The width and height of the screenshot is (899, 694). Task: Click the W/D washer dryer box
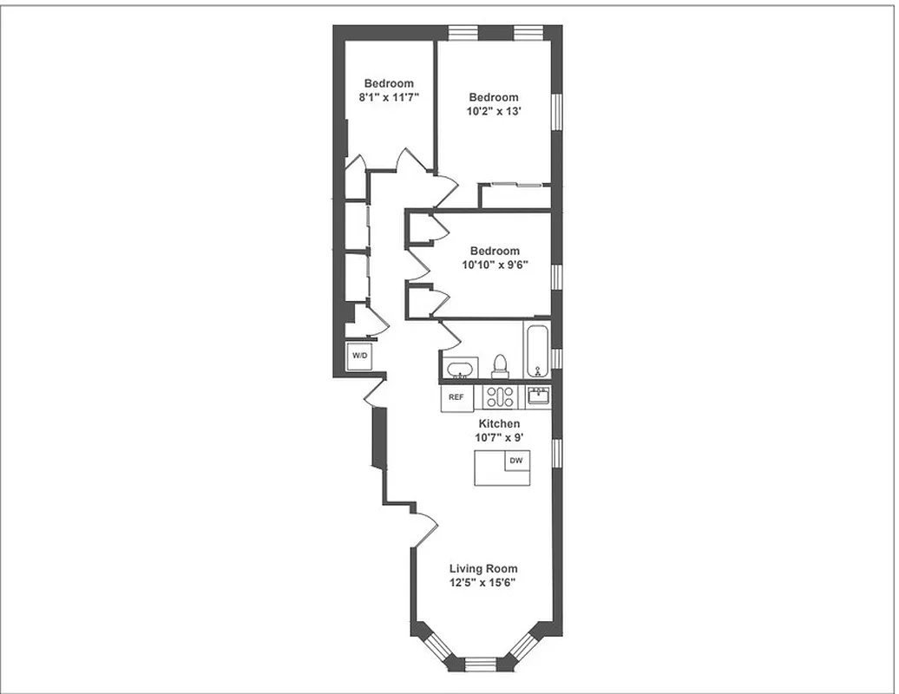(x=359, y=357)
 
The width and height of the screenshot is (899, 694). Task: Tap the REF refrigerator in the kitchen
(x=456, y=397)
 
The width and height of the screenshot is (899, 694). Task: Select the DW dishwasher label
(x=516, y=461)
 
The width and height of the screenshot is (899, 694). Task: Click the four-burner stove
(x=500, y=397)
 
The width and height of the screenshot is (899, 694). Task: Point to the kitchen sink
(x=538, y=396)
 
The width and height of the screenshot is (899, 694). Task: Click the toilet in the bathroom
(x=500, y=367)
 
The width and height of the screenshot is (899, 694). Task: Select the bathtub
(x=537, y=350)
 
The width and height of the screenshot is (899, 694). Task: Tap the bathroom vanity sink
(x=458, y=369)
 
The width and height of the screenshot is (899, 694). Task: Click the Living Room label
(x=483, y=569)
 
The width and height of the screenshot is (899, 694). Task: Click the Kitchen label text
(x=498, y=423)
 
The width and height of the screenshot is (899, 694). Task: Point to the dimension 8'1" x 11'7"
(x=389, y=98)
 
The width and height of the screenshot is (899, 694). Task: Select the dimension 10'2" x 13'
(x=494, y=112)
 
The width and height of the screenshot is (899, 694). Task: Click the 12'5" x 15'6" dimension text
(x=483, y=583)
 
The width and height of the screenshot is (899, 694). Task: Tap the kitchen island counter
(x=501, y=469)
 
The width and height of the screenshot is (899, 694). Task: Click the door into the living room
(x=424, y=528)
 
